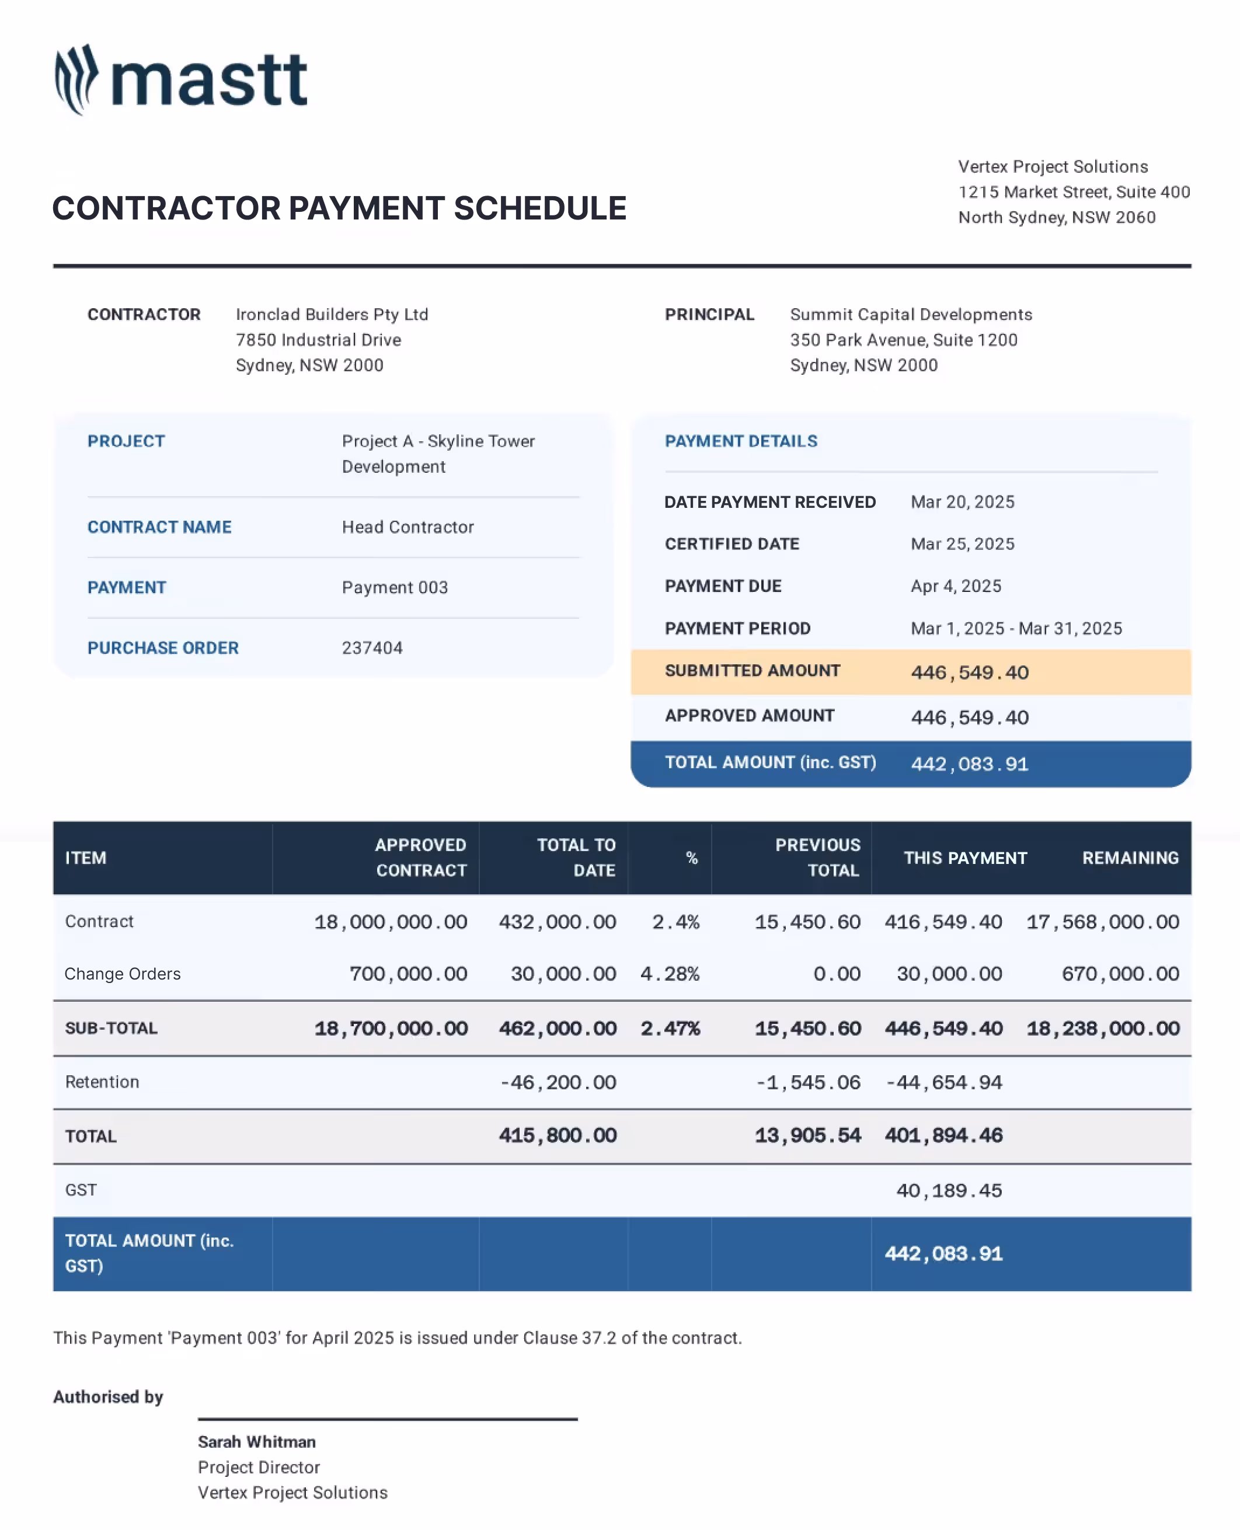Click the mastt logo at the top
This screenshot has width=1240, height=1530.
(181, 80)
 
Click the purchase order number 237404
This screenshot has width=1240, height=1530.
(372, 648)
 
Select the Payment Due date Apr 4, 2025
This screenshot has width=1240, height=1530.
(956, 587)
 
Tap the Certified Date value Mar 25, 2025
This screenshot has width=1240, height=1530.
(962, 544)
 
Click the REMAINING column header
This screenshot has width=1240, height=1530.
(1130, 858)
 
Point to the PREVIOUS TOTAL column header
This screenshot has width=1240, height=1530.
(818, 858)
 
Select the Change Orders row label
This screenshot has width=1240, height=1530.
(122, 974)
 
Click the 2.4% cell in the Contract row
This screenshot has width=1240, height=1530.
(675, 922)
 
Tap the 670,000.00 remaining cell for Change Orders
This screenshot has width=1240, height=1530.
(1119, 974)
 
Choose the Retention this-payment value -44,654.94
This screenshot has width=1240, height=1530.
(943, 1083)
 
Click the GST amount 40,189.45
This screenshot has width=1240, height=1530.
(949, 1191)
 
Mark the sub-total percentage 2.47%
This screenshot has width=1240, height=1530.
(670, 1029)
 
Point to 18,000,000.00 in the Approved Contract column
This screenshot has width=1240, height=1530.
(391, 922)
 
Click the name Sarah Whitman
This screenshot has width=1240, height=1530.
(256, 1442)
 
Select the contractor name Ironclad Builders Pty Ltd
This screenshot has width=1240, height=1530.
(332, 315)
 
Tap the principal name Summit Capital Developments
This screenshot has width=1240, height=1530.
(911, 315)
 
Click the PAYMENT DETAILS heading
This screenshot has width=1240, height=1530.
(741, 441)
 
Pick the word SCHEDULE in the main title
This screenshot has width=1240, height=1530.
(539, 208)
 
